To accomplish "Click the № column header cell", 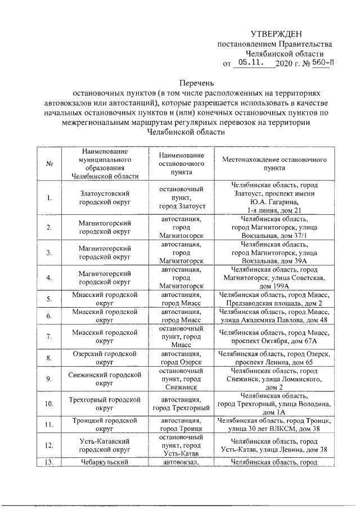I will tap(49, 164).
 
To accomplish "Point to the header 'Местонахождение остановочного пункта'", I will tap(275, 164).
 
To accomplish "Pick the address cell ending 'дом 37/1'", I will tap(275, 227).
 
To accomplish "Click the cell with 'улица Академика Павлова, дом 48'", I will tap(275, 316).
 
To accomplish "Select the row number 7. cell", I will tap(49, 336).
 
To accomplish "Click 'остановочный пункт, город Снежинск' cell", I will tap(182, 379).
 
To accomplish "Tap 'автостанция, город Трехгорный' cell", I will tap(182, 403).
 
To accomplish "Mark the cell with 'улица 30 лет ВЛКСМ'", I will tap(275, 425).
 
